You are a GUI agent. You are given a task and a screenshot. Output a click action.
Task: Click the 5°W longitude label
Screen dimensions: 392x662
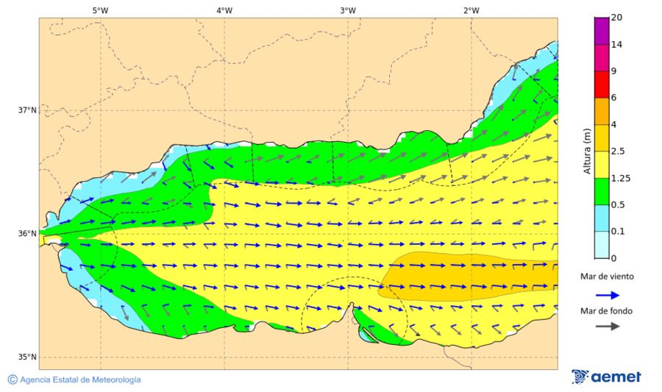[100, 10]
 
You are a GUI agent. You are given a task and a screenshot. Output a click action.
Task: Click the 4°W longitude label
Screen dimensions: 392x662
[224, 10]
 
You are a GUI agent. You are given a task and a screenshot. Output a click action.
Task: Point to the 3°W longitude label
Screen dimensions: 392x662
[348, 10]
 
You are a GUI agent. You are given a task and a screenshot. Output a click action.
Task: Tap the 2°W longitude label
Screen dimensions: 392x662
[471, 10]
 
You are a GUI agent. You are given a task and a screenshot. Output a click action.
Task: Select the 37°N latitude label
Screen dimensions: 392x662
[27, 110]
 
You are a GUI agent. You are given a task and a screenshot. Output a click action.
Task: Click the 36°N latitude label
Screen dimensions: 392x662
[27, 234]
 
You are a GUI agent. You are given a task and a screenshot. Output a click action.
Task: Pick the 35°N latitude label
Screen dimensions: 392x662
[27, 357]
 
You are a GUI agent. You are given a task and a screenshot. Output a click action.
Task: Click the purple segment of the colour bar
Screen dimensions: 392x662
[602, 31]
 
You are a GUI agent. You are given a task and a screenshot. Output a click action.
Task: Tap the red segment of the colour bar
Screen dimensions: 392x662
[602, 84]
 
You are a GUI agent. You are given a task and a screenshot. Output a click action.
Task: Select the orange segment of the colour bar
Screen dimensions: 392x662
[602, 111]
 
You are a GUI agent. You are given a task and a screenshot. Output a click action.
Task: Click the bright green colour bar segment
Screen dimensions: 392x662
[602, 190]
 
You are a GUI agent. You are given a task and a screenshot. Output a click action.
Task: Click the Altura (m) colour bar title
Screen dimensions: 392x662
[587, 151]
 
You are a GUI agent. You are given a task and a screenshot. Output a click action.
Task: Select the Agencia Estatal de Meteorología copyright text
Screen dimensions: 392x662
[74, 379]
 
